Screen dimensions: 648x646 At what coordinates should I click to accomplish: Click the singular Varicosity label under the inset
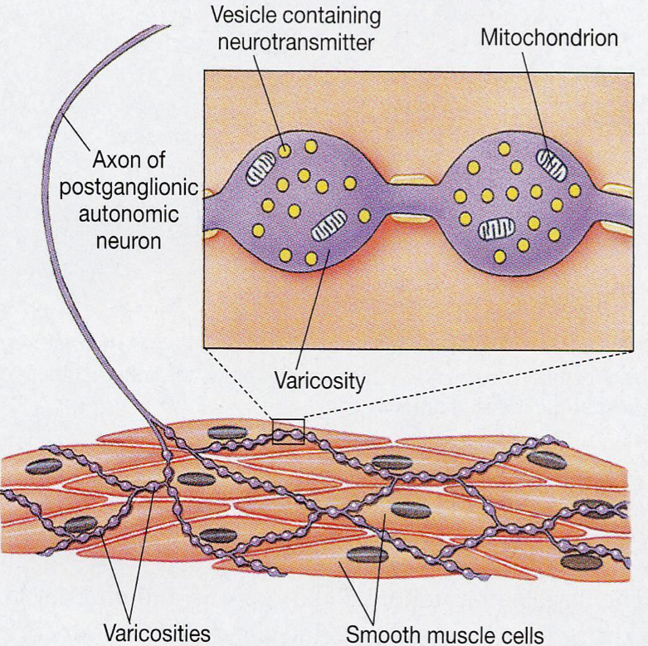click(319, 381)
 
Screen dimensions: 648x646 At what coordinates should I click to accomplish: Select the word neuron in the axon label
click(129, 242)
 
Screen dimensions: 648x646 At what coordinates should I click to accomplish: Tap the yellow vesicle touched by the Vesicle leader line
click(285, 150)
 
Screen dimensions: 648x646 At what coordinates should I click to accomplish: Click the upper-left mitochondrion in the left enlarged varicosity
click(260, 170)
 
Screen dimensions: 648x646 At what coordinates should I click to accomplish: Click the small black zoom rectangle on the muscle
click(288, 432)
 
